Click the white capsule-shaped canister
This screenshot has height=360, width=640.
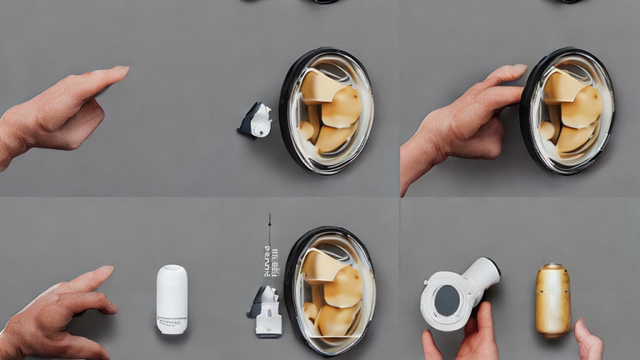[172, 299]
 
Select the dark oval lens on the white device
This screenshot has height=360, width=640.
[447, 300]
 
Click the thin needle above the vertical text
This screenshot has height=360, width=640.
[269, 229]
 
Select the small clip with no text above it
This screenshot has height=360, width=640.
[256, 120]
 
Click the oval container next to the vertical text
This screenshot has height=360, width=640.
[331, 290]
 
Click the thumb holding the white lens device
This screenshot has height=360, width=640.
[483, 318]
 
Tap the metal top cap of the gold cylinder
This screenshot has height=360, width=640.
[552, 271]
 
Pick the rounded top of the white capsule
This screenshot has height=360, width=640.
[172, 272]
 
